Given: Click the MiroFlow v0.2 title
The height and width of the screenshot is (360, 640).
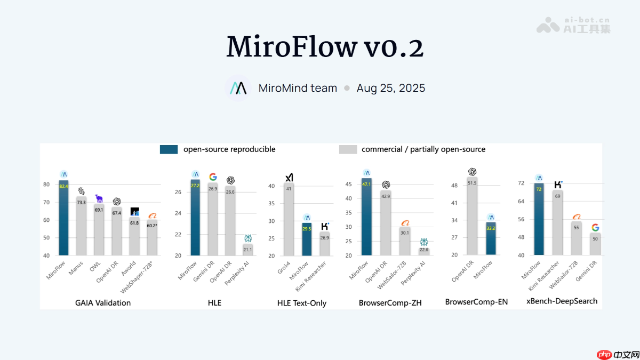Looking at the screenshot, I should (325, 47).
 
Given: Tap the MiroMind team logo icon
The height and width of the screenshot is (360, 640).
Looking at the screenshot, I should (237, 88).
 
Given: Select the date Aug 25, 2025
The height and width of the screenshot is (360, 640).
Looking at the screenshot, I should (391, 88).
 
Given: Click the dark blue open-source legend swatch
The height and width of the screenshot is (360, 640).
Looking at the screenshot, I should (169, 149).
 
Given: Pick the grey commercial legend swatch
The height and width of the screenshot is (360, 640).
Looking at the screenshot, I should (348, 149).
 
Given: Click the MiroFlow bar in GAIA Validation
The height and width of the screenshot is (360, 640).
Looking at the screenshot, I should (64, 219).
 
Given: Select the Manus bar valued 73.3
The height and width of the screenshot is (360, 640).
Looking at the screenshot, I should (81, 227).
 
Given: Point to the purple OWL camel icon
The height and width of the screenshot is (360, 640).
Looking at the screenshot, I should (99, 198).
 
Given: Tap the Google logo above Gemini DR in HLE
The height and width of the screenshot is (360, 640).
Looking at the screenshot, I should (213, 177).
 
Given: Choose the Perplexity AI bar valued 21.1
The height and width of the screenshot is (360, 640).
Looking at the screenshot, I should (247, 250).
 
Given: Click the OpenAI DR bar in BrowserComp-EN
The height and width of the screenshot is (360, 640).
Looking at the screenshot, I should (471, 216).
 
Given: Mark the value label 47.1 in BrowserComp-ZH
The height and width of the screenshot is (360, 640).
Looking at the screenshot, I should (366, 184).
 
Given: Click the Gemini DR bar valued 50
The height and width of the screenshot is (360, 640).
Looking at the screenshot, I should (595, 244).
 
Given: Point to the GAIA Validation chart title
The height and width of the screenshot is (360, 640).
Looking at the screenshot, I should (103, 302).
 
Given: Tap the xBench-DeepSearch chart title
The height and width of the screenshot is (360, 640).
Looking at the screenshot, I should (562, 301).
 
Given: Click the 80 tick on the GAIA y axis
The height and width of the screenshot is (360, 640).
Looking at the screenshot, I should (46, 185).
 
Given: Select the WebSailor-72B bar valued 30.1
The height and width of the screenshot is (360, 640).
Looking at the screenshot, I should (405, 241).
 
